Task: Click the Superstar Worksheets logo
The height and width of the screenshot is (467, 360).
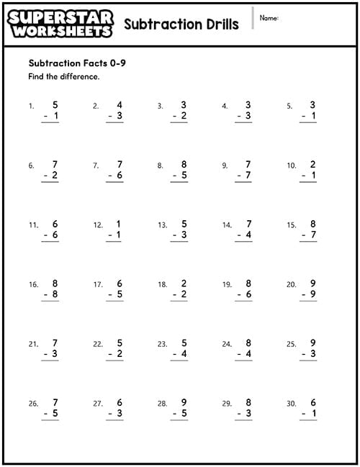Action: click(x=61, y=23)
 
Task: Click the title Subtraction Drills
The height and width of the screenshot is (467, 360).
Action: click(x=181, y=24)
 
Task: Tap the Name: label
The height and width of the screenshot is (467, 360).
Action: click(x=269, y=18)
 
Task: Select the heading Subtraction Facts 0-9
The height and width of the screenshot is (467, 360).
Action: click(x=71, y=63)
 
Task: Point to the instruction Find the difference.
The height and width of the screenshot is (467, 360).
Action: click(x=63, y=76)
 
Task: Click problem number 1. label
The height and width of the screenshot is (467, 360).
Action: click(x=32, y=106)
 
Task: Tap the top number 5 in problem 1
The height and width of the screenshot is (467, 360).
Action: click(x=55, y=104)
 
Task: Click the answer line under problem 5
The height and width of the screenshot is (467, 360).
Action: click(x=308, y=123)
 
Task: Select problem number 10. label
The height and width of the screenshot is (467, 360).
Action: click(x=291, y=166)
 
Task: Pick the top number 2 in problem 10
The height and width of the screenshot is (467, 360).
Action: click(x=313, y=164)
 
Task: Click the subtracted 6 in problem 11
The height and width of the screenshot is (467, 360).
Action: click(x=55, y=235)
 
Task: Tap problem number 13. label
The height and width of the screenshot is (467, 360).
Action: click(x=163, y=225)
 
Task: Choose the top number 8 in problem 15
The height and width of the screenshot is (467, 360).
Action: click(x=313, y=224)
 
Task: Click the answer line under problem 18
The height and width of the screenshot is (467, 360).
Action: click(x=179, y=302)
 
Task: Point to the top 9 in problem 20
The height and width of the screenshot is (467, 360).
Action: click(x=313, y=284)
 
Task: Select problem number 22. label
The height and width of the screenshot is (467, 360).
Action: click(x=98, y=345)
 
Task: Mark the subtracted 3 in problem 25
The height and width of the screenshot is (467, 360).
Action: click(x=313, y=355)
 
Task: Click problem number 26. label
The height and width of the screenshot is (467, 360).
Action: click(x=33, y=404)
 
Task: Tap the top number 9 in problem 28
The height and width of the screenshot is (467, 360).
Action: click(x=184, y=402)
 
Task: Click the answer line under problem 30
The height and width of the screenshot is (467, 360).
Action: click(x=308, y=422)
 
